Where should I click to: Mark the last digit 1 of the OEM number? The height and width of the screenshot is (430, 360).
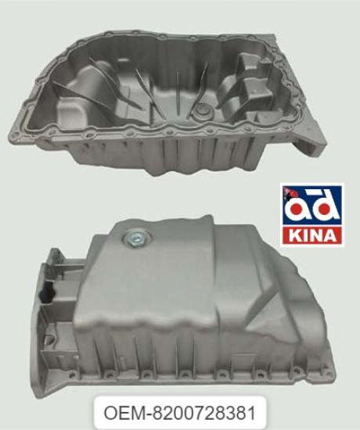[x=250, y=409]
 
